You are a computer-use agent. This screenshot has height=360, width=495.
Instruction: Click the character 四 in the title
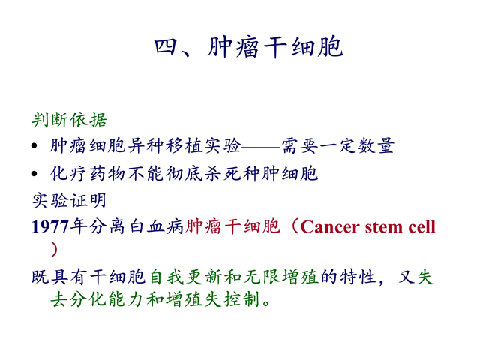click(x=165, y=47)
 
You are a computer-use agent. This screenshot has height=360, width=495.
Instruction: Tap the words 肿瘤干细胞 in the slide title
click(x=275, y=47)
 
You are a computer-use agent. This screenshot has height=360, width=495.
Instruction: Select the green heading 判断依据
click(x=70, y=120)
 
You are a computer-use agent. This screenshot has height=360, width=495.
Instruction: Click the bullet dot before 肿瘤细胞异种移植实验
click(x=34, y=146)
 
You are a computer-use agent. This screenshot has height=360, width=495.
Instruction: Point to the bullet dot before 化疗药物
click(x=34, y=174)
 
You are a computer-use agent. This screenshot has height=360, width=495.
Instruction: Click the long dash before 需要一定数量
click(x=261, y=147)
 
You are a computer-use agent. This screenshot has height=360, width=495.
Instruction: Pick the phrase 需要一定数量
click(x=337, y=146)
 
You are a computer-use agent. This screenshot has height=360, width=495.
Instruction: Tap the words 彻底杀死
click(x=203, y=174)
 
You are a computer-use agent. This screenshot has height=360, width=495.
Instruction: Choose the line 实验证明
click(x=69, y=201)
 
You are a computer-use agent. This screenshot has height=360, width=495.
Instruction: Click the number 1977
click(x=50, y=226)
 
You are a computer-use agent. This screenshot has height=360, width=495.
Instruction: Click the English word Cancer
click(x=330, y=227)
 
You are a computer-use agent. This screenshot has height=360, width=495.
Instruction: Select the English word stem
click(x=383, y=227)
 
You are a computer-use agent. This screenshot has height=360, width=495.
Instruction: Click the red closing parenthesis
click(x=54, y=250)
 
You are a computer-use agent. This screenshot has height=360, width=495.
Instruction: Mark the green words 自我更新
click(x=186, y=277)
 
